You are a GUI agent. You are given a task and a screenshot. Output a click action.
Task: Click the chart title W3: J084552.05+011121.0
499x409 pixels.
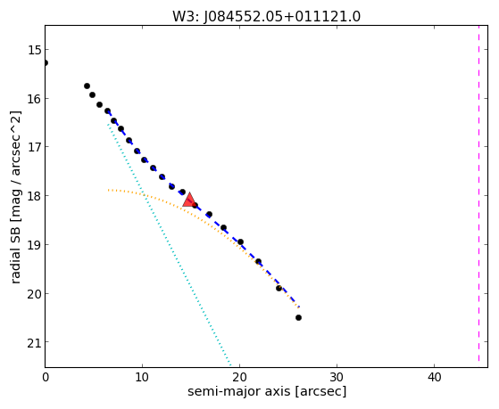coord(266,17)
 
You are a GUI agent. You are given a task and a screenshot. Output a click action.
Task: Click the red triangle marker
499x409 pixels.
coord(189,200)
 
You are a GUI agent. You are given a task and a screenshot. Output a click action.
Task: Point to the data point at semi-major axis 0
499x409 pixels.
coord(46,63)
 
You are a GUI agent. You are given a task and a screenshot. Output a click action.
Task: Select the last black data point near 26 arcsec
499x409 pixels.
coord(298,317)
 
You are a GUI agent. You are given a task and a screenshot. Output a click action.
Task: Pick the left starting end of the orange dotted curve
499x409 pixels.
coord(109,190)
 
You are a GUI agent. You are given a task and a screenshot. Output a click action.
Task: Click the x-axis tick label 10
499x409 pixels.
coord(142,377)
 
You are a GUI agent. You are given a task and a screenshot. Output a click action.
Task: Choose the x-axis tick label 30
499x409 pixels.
coord(337,377)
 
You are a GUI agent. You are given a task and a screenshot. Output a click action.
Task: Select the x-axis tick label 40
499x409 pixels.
coord(434,377)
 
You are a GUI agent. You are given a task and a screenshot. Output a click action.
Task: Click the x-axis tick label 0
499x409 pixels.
coord(46,377)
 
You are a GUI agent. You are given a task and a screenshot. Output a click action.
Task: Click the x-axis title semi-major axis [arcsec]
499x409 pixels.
coord(267,391)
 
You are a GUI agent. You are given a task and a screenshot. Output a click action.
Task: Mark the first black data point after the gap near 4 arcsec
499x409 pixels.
coord(87,86)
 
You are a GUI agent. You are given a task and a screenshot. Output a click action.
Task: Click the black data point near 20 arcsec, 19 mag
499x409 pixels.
coord(240,241)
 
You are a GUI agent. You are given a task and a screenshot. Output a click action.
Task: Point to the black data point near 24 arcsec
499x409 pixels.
coord(279,288)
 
